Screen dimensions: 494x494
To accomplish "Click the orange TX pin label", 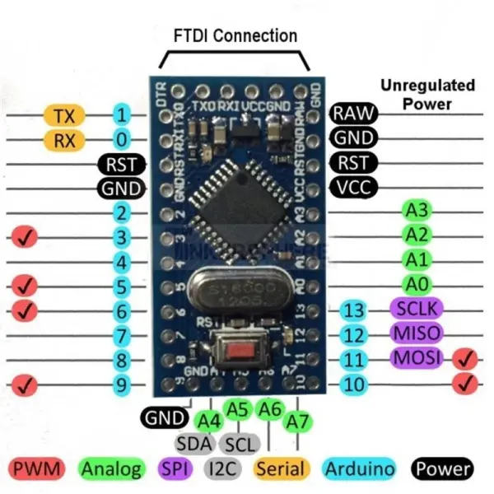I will tap(63, 115).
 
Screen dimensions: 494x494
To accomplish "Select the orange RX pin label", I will tap(63, 140).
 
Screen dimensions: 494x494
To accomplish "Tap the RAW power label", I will tap(353, 114).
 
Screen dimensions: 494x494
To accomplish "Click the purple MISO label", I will tap(415, 333).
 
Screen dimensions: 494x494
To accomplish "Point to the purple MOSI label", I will tap(416, 358).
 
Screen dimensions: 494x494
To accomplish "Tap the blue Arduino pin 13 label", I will tap(354, 310).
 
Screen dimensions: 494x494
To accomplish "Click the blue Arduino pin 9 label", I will tap(121, 384).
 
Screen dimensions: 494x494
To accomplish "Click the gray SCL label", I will tap(241, 444).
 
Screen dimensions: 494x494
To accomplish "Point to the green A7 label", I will tap(296, 422).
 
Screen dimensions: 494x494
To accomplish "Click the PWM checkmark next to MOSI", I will tap(467, 358).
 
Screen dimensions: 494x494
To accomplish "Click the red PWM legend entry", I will tap(38, 470).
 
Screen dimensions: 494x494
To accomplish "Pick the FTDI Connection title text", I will tap(235, 36).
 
